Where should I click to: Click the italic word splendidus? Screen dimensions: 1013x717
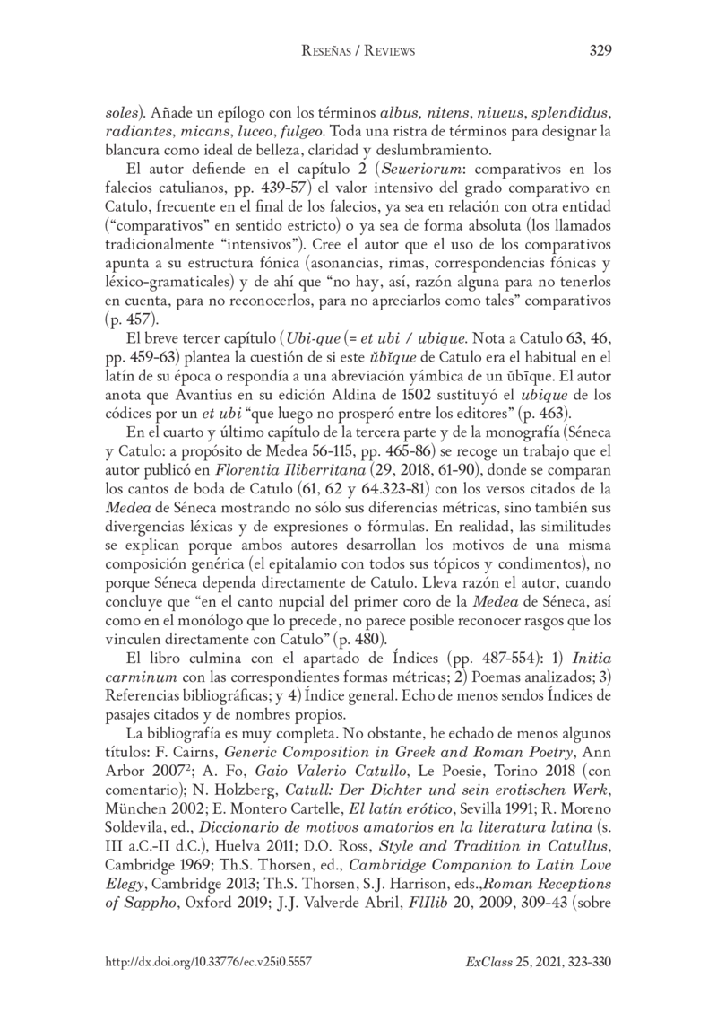pos(570,116)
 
